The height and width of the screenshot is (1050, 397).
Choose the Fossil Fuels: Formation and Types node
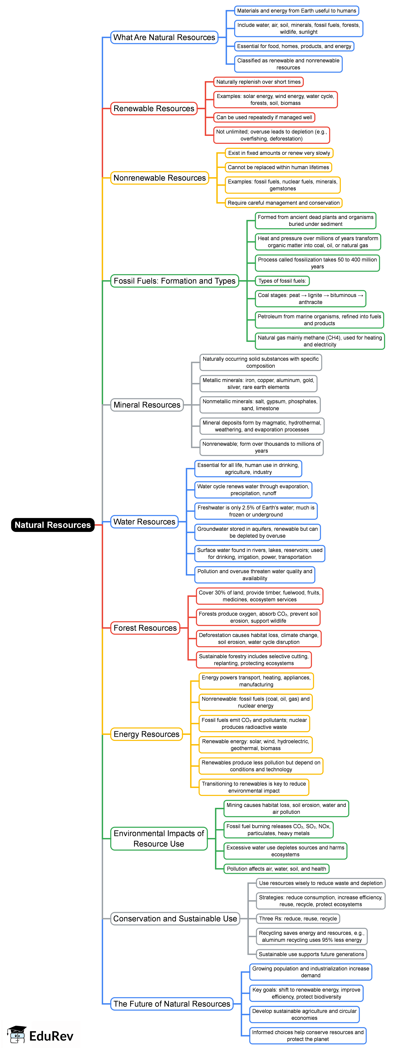click(x=174, y=281)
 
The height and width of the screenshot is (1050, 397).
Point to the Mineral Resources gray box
click(x=147, y=405)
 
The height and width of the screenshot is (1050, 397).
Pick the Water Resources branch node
click(x=144, y=522)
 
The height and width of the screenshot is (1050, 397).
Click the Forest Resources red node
click(x=145, y=628)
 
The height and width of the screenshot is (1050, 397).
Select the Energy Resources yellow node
click(x=146, y=734)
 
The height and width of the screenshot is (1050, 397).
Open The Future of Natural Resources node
click(x=172, y=1003)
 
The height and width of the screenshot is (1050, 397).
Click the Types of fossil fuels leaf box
click(x=282, y=281)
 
